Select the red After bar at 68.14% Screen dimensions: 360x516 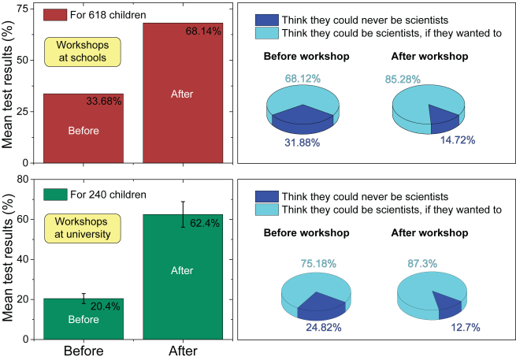tap(181, 93)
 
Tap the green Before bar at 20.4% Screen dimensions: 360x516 tap(83, 319)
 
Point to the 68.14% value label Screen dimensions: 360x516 tap(203, 32)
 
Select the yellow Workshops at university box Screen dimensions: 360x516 tap(81, 228)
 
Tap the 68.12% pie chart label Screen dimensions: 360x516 tap(303, 80)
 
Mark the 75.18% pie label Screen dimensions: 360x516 tap(316, 263)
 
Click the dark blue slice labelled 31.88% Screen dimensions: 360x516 tap(303, 118)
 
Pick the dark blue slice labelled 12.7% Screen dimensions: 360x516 tap(447, 304)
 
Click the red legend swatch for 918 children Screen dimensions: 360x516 tap(54, 15)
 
